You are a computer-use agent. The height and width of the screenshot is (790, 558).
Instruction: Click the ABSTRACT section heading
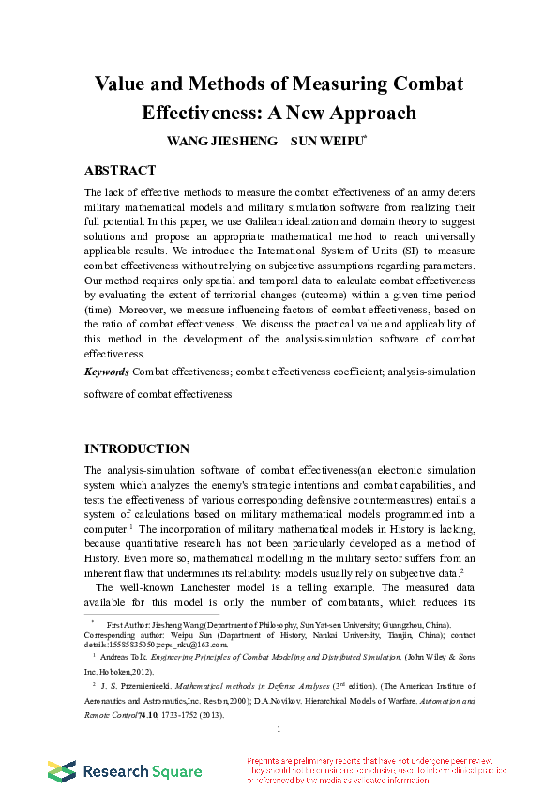tap(120, 171)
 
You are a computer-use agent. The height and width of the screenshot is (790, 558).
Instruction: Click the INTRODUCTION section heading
tap(137, 448)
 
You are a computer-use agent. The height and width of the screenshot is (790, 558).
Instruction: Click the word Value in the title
tap(121, 84)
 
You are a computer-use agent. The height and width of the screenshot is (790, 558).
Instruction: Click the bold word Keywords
tap(107, 372)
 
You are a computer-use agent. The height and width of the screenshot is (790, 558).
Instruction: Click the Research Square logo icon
tap(62, 771)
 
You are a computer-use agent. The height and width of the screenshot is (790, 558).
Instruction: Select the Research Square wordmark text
tap(142, 772)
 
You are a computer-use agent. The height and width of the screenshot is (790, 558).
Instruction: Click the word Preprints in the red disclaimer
tap(264, 761)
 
